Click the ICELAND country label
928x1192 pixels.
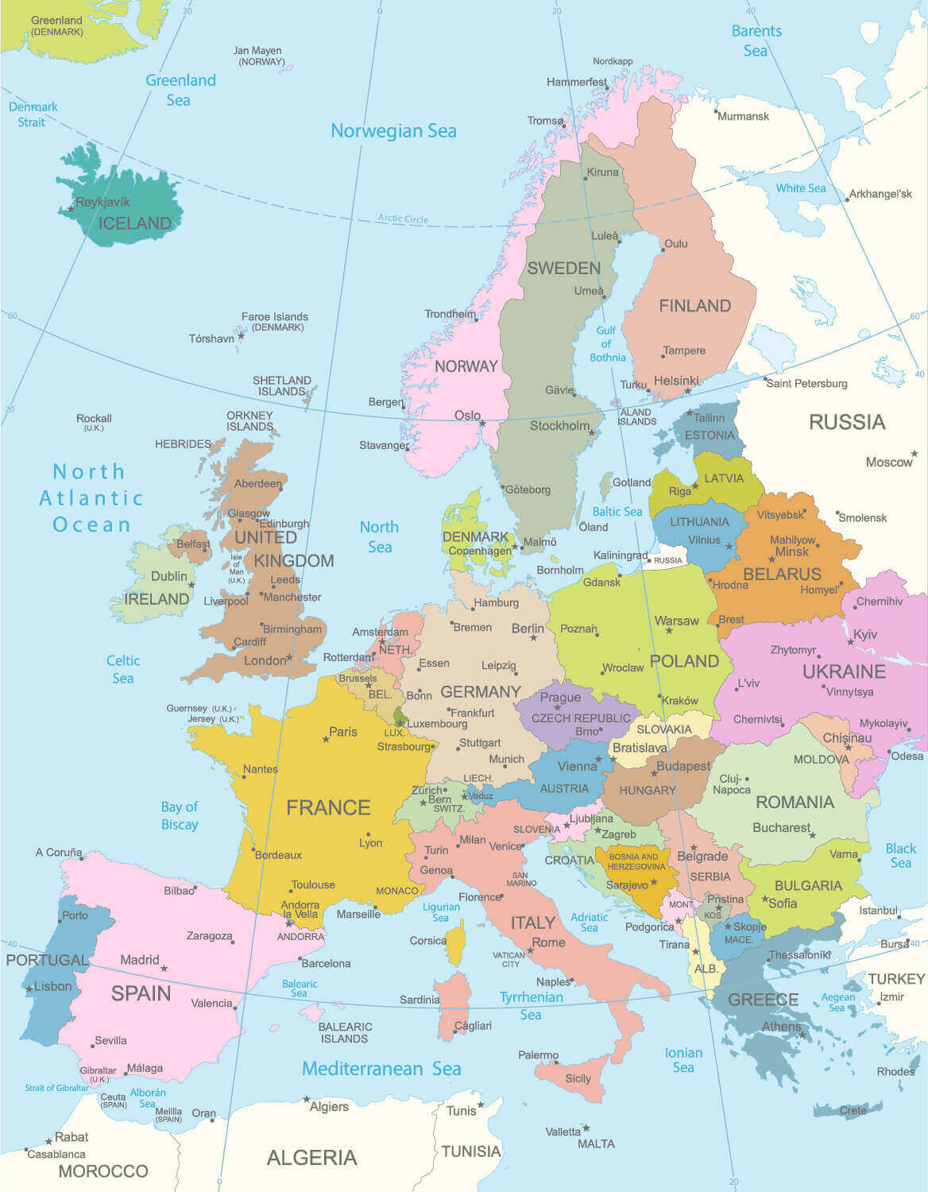134,223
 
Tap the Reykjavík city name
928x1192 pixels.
102,203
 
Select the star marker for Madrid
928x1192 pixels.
164,968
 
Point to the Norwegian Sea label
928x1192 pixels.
393,131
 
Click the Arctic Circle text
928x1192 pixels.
403,219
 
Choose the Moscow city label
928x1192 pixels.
888,462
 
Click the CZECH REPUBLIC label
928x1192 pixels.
581,718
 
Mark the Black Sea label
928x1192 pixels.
900,856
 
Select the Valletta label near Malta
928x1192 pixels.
563,1132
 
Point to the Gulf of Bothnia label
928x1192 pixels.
607,344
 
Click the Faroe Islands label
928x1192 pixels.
275,316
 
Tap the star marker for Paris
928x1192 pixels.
326,739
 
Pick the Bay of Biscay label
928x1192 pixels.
180,815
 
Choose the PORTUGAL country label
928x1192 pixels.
46,960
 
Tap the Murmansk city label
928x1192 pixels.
743,116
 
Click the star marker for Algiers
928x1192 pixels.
307,1100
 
